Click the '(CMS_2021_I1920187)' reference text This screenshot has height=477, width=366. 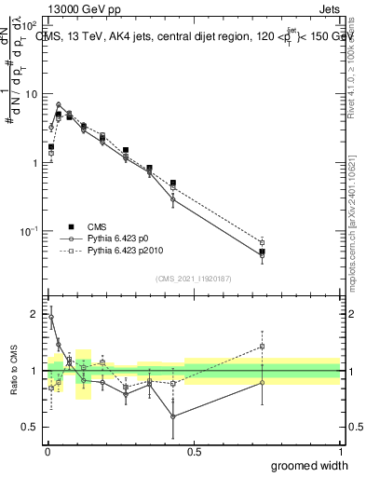[193, 278]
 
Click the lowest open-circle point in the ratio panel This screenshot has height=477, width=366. [173, 416]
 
